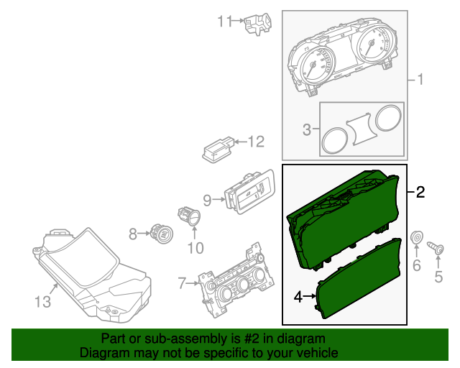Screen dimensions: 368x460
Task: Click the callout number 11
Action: point(225,22)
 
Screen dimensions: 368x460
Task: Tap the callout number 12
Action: point(257,141)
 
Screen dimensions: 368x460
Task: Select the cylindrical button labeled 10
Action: point(190,216)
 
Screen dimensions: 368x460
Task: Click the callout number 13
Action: point(43,302)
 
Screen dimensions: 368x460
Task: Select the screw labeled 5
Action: point(438,249)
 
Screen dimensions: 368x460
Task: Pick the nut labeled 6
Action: point(415,238)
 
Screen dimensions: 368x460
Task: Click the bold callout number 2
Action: point(420,192)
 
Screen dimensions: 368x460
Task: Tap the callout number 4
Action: point(298,295)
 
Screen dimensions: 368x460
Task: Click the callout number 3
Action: point(307,130)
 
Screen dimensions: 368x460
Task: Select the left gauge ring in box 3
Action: point(334,139)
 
